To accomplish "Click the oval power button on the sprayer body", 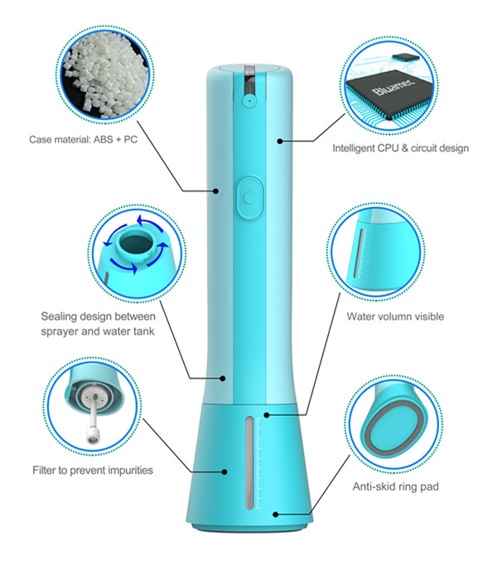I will [248, 197].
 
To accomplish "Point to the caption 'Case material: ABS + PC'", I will [83, 140].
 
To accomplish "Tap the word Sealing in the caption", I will [60, 316].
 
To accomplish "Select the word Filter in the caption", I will [44, 470].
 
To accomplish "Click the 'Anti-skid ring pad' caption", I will [395, 486].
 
